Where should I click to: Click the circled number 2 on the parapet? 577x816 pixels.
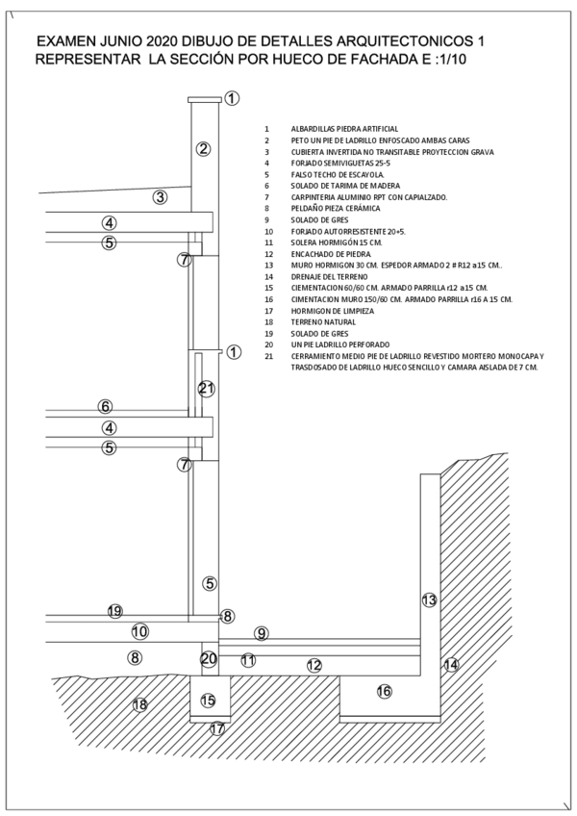click(x=203, y=148)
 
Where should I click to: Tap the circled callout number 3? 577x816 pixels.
click(x=161, y=198)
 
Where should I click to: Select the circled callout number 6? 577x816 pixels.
click(x=105, y=406)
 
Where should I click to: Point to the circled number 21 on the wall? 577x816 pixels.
click(x=206, y=389)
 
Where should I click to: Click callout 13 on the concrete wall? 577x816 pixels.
click(x=429, y=599)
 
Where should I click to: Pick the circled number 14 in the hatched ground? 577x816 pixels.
click(x=451, y=665)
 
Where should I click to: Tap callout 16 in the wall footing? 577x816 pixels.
click(x=384, y=691)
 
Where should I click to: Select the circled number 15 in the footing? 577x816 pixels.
click(x=208, y=701)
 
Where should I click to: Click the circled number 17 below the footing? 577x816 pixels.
click(x=217, y=728)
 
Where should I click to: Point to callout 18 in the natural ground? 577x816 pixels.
click(x=139, y=704)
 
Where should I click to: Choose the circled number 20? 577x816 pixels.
click(x=209, y=659)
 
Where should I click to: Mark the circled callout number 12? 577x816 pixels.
click(x=314, y=665)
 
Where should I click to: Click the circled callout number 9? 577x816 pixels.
click(x=261, y=632)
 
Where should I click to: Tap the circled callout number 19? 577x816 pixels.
click(x=114, y=611)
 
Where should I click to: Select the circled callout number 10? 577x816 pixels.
click(x=139, y=631)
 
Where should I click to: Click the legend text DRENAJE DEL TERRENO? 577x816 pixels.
click(x=329, y=276)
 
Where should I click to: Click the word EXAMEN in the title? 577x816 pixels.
click(x=66, y=42)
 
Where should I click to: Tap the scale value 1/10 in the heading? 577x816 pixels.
click(x=454, y=59)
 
